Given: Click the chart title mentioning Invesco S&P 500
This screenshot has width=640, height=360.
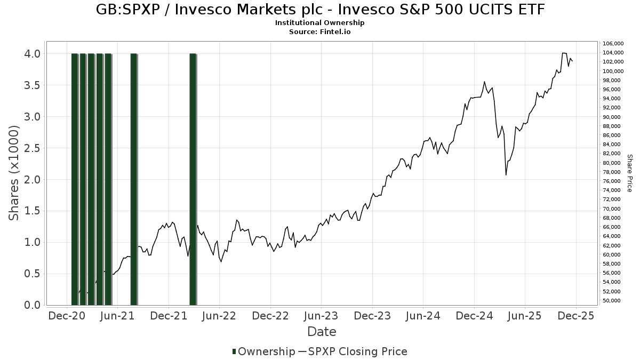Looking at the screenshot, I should coord(320,10).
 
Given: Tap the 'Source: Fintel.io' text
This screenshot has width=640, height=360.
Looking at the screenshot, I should coord(320,31).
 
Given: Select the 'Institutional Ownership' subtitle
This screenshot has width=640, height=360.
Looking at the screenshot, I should coord(320,23).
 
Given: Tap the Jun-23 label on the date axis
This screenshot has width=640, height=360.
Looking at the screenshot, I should coord(321,316).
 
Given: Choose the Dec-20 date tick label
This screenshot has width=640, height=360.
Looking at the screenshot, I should coord(67,316).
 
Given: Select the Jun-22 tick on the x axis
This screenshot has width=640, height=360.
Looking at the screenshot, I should coord(219,316).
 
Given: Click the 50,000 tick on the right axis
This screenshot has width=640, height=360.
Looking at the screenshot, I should coord(612,301).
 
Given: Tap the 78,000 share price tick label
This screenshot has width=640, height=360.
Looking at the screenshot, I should coord(612,172).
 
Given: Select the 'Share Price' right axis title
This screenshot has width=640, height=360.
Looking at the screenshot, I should coord(629,173).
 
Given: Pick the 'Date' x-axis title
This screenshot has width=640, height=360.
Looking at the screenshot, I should coord(322,332).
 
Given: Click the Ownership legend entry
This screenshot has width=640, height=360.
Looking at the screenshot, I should coord(263,351).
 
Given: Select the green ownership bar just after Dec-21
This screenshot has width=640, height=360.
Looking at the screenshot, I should coord(193,179).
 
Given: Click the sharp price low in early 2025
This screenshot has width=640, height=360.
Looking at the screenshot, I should coord(506,174).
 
